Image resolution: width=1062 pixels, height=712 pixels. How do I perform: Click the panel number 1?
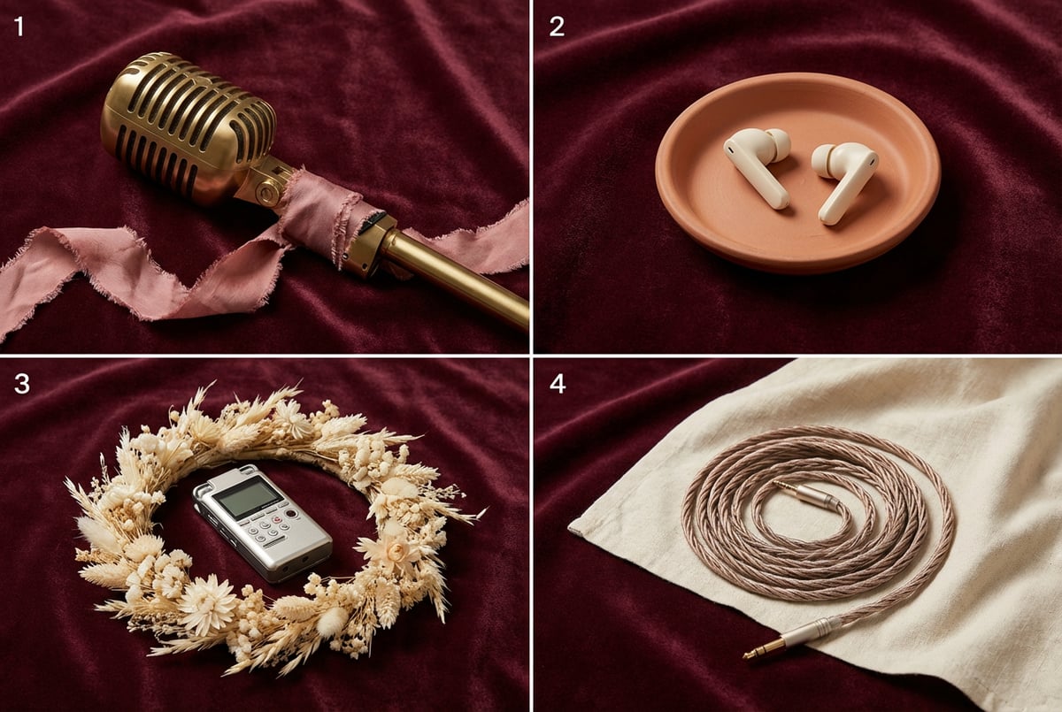pos(19,27)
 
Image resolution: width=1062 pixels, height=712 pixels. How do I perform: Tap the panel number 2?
pos(557,27)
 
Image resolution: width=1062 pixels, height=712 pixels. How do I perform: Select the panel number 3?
pos(22,384)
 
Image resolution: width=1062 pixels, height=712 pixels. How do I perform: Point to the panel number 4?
pos(558,384)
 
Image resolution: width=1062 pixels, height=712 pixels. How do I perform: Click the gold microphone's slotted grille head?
pos(188,124)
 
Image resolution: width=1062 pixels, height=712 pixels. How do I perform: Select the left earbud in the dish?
pos(757,165)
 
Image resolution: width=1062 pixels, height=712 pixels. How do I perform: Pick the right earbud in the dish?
pos(844,180)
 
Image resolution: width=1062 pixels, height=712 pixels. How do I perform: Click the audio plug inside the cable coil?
pos(806,494)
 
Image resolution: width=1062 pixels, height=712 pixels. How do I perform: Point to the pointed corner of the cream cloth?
pos(570,527)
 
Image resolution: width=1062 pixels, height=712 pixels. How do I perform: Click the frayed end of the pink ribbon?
pos(5,327)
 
